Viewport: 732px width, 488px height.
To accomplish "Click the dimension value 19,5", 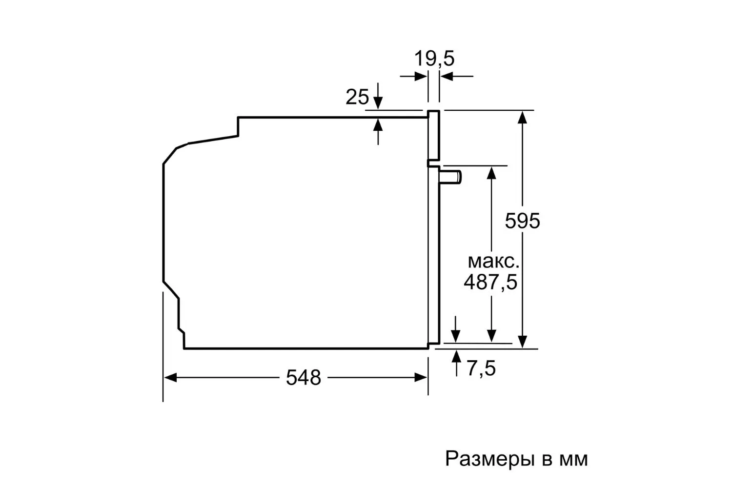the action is [x=434, y=59].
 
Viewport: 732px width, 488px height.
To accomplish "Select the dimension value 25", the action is [x=357, y=97].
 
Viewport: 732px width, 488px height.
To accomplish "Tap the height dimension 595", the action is [x=522, y=221].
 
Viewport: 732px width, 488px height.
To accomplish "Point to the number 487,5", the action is [x=490, y=282].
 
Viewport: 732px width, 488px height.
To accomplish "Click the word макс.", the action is [x=493, y=262].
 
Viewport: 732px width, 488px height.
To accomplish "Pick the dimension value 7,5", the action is [x=481, y=368].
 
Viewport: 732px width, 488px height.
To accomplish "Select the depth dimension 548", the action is [x=304, y=378].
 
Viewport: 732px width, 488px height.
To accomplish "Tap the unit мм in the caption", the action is [x=574, y=460].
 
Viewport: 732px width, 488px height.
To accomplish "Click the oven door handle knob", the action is [x=450, y=177].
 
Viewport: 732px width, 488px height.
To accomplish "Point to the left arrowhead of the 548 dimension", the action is [x=170, y=378].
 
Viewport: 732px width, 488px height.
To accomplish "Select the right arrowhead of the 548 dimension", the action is [x=421, y=378].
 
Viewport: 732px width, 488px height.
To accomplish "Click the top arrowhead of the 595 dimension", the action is [x=522, y=117].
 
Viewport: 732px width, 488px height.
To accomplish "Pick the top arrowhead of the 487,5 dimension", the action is [x=491, y=173].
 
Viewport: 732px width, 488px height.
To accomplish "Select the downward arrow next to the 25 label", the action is [x=378, y=96].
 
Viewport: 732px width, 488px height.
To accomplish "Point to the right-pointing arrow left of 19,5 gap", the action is [x=413, y=77].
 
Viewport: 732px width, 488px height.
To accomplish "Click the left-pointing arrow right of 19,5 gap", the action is [x=456, y=77].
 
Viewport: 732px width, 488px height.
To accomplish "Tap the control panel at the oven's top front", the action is [x=434, y=135].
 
